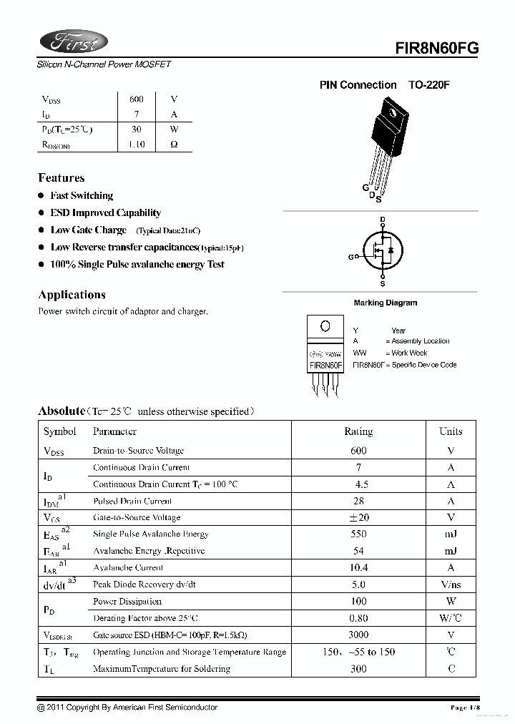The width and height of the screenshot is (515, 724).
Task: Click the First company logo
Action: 74,43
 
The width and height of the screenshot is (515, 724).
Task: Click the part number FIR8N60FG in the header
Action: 436,47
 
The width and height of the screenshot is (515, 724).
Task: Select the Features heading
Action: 61,178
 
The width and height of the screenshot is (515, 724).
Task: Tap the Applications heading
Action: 72,295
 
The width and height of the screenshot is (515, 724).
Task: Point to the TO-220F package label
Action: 429,85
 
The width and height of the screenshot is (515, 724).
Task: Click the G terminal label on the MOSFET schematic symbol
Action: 350,256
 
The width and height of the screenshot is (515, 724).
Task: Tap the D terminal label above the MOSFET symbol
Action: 383,220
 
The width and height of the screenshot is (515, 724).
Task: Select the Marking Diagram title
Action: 385,303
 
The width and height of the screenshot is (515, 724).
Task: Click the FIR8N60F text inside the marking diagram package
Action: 325,365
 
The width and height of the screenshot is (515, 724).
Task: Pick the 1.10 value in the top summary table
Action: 136,145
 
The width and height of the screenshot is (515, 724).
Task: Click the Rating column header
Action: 358,431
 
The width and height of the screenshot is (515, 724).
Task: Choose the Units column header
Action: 451,431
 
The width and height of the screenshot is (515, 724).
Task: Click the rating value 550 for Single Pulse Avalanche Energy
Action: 358,534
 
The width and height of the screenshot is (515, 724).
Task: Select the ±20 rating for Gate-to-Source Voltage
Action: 358,517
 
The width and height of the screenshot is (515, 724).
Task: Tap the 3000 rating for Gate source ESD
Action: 358,635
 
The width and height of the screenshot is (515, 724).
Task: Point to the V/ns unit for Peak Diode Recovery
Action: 451,584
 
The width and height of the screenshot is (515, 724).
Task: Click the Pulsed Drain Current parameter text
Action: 132,502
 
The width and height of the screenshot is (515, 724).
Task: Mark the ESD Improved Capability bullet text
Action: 105,212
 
